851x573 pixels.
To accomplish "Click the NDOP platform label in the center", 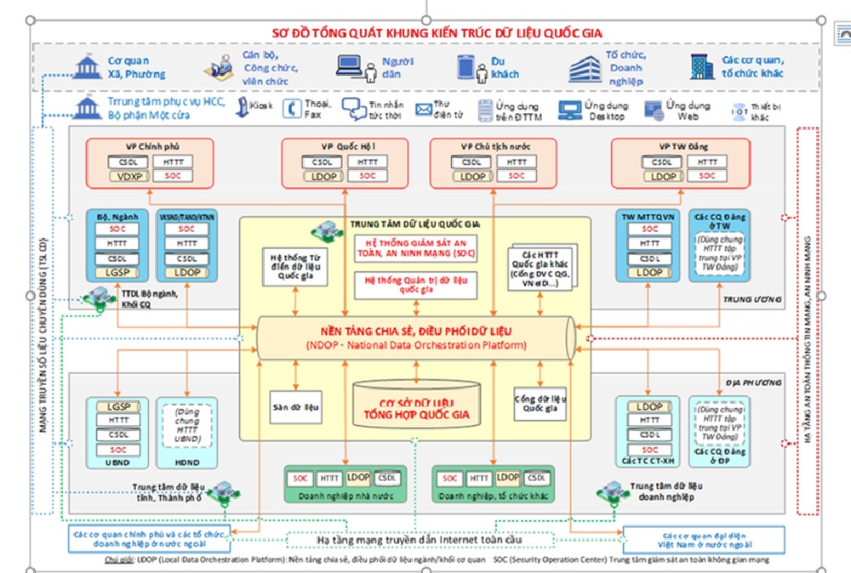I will tap(416, 338).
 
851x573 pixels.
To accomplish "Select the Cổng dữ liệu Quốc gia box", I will tap(540, 403).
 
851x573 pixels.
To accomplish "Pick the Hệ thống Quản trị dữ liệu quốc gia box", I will tap(415, 284).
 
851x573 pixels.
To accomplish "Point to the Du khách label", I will tap(504, 67).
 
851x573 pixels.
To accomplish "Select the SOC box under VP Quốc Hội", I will tap(366, 176).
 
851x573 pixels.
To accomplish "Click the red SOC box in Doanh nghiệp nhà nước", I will tap(300, 479).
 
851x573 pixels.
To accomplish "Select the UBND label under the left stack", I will tap(117, 462).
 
